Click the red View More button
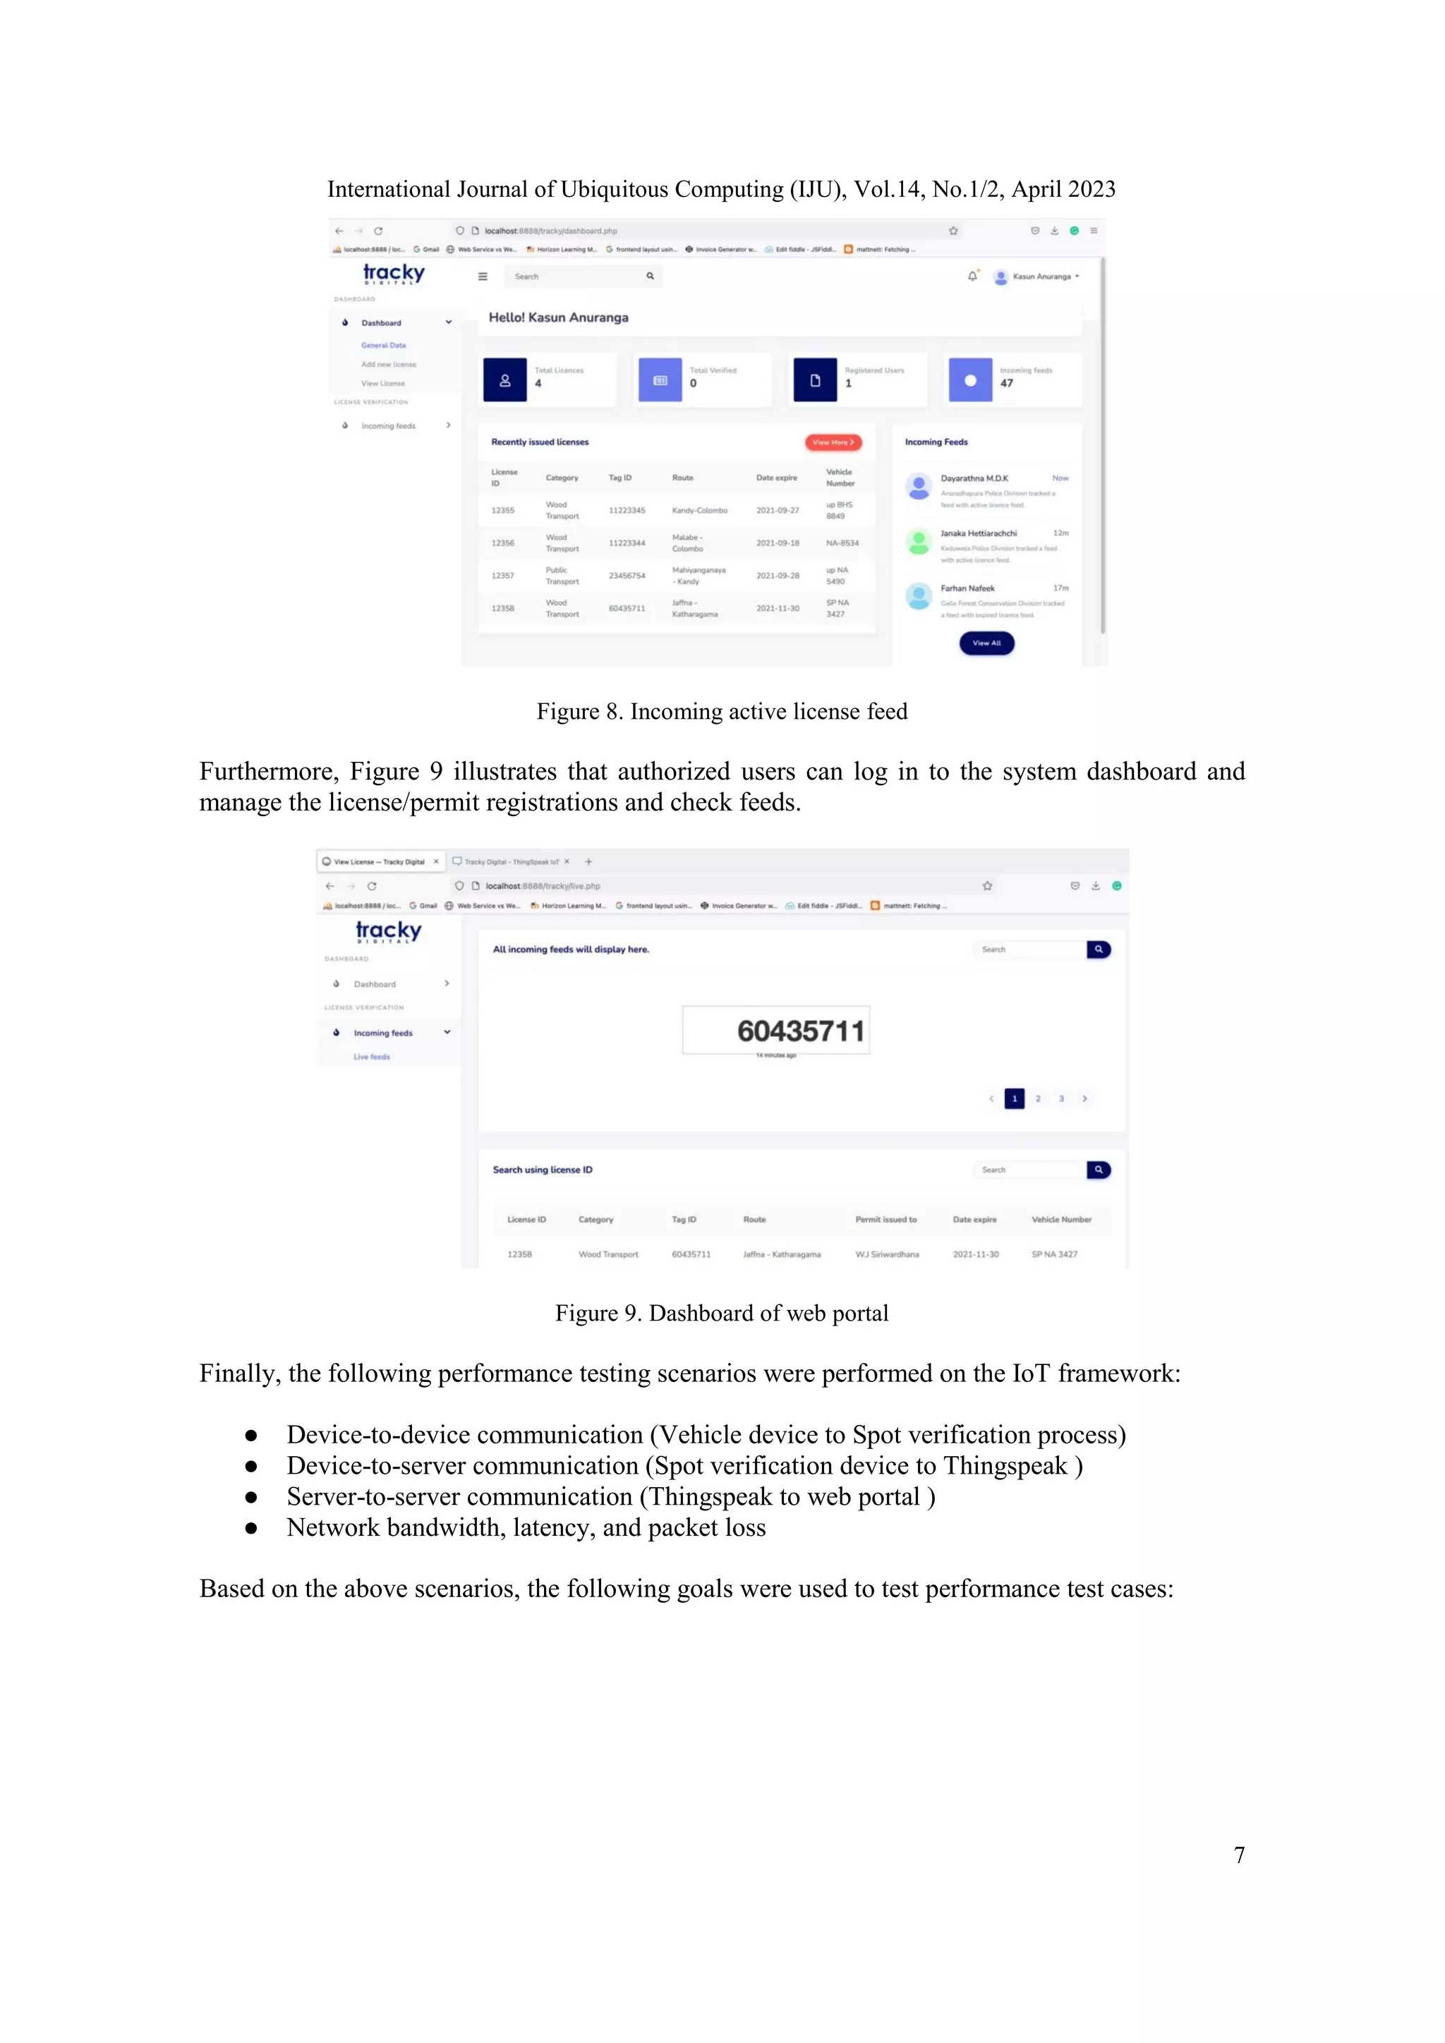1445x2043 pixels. tap(833, 442)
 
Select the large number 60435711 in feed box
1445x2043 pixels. tap(800, 1031)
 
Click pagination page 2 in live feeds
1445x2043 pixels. tap(1037, 1099)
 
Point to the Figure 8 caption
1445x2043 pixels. tap(722, 712)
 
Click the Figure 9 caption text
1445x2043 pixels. tap(722, 1314)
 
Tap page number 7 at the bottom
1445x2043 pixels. tap(1238, 1855)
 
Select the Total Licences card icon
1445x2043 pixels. tap(504, 380)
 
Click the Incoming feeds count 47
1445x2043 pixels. tap(1006, 384)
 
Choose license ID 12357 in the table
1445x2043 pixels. tap(503, 576)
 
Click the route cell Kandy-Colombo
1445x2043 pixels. tap(699, 511)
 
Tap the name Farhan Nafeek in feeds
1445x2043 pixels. tap(967, 588)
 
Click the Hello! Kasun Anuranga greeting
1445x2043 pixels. tap(558, 317)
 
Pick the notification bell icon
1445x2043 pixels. tap(972, 276)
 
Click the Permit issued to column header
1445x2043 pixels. tap(885, 1220)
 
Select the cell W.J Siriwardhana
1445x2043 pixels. tap(887, 1254)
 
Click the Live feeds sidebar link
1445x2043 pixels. tap(372, 1057)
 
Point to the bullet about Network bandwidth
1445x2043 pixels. tap(525, 1528)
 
